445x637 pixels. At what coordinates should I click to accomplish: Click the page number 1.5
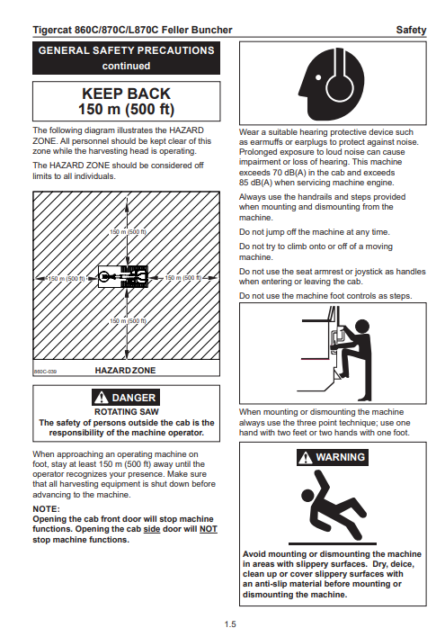(230, 624)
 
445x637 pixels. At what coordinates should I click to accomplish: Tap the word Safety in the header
(411, 30)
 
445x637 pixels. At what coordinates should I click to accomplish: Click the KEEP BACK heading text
(126, 94)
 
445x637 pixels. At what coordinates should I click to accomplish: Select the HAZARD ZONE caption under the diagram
(125, 371)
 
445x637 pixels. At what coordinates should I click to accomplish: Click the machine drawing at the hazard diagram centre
(122, 276)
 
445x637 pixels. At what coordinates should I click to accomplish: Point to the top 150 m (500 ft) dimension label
(128, 232)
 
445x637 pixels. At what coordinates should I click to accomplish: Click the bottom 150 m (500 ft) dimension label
(128, 321)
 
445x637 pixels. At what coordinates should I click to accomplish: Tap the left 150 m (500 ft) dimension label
(67, 279)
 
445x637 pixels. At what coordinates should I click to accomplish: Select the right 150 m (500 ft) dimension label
(183, 278)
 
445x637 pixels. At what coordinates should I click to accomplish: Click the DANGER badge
(126, 398)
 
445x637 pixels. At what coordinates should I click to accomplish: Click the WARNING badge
(333, 457)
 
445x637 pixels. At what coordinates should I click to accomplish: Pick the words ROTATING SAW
(127, 412)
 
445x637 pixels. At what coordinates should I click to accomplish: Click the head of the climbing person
(361, 327)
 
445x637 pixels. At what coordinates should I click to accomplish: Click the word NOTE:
(46, 509)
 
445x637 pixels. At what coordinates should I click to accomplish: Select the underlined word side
(152, 529)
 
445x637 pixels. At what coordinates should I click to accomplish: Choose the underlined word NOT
(209, 529)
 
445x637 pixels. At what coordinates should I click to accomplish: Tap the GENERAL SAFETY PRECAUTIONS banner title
(126, 50)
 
